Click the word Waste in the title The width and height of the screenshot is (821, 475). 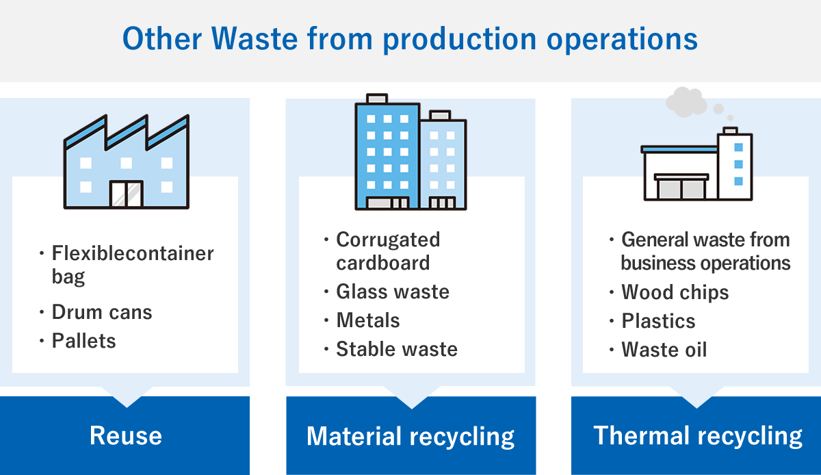coord(254,38)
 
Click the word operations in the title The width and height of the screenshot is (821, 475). coord(622,40)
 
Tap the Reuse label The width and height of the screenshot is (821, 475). coord(126,436)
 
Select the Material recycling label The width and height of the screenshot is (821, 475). coord(410,437)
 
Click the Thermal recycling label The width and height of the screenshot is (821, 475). coord(698,436)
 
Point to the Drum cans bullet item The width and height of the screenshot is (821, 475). coord(101,312)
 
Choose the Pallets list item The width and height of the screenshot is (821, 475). coord(83,341)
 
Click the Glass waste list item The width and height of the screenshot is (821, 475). coord(393,292)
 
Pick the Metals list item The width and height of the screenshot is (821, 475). coord(368,320)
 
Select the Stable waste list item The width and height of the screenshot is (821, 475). coord(397,349)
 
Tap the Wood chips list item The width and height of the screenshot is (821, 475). coord(675,293)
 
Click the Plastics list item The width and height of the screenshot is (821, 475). coord(658,321)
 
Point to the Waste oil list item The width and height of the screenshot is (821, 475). coord(664,350)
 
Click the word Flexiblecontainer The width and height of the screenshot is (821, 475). coord(133,253)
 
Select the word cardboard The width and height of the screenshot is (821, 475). coord(383,263)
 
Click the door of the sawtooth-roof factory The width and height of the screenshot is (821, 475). coord(127,194)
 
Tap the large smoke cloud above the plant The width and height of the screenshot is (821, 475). coord(686,102)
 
